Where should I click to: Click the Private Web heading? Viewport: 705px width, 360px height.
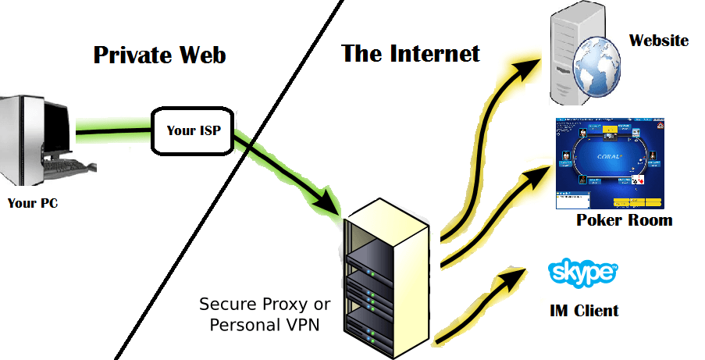point(159,55)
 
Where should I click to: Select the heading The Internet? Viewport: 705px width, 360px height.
point(410,54)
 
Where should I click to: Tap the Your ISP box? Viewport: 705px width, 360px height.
point(192,130)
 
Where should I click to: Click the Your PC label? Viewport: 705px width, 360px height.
point(33,204)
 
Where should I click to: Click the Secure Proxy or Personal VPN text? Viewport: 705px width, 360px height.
point(265,314)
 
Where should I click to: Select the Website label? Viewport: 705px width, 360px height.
point(659,40)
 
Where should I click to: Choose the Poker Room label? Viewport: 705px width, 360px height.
point(624,220)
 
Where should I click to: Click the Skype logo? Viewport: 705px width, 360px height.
point(583,273)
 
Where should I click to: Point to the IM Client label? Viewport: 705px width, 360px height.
point(584,311)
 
